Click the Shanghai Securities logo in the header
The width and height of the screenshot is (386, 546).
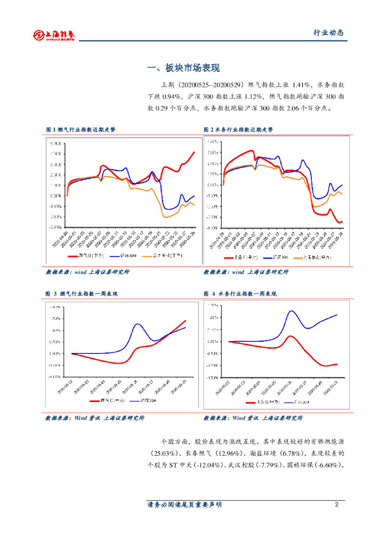coord(53,35)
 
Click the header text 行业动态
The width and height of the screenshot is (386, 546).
coord(328,33)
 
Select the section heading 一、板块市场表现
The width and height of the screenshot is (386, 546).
coord(183,68)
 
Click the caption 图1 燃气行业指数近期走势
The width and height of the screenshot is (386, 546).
coord(81,130)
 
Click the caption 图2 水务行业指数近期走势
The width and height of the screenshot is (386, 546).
coord(238,130)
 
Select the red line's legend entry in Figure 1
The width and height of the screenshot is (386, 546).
coord(87,255)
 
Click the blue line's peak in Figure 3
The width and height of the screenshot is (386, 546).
coord(138,324)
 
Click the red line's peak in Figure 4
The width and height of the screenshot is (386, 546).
coord(291,336)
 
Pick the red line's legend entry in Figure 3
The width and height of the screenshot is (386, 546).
coord(101,400)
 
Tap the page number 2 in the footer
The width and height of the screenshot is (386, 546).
coord(336,505)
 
